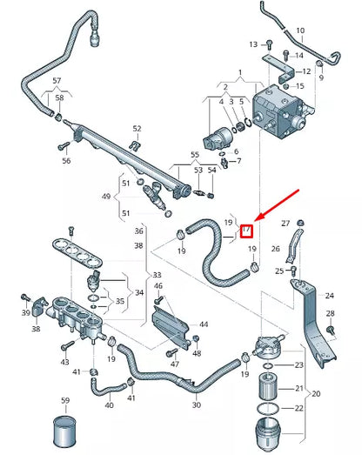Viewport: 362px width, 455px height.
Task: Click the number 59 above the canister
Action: pos(64,400)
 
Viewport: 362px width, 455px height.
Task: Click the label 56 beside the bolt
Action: pos(66,161)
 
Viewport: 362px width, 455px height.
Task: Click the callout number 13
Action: pos(253,43)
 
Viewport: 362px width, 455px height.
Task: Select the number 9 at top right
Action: pos(320,78)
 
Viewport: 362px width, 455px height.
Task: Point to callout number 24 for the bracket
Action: pos(329,295)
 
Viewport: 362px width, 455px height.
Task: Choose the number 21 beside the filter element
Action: pos(300,388)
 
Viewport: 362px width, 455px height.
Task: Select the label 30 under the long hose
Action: pos(196,405)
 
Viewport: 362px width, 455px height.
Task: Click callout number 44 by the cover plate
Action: pos(204,324)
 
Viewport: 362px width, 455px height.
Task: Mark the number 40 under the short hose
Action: pos(109,405)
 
